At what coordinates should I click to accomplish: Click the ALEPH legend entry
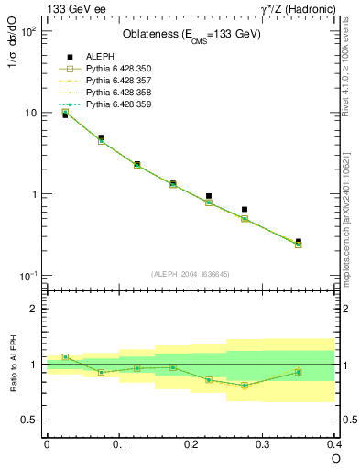tap(101, 56)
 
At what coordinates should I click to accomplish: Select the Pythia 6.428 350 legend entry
tap(112, 69)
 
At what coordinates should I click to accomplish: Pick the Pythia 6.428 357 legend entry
tap(112, 81)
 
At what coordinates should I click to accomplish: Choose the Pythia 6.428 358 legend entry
tap(112, 93)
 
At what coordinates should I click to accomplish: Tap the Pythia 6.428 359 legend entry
tap(112, 104)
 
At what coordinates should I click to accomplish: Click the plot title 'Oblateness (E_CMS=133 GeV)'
tap(191, 35)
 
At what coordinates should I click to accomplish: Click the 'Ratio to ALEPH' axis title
tap(16, 363)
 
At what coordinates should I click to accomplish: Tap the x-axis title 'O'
tap(334, 458)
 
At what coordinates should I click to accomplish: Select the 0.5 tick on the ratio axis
tap(34, 420)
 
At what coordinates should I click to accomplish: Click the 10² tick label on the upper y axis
tap(30, 32)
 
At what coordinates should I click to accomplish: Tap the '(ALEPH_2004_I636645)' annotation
tap(190, 274)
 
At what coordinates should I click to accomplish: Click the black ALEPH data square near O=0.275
tap(245, 210)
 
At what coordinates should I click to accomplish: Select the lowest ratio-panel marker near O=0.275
tap(245, 386)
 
